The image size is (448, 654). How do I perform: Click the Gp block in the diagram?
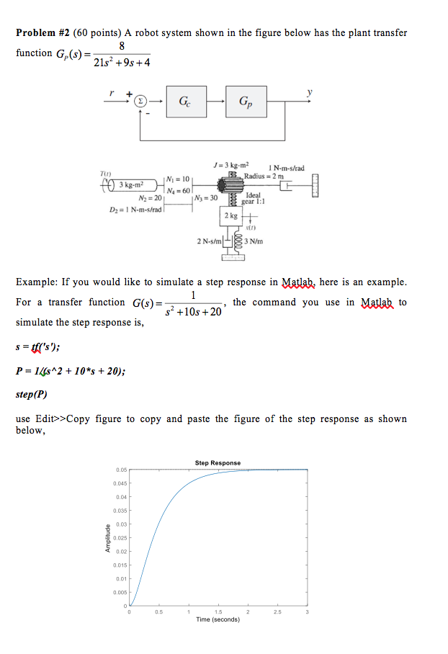point(246,103)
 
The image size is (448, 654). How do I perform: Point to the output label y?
point(310,91)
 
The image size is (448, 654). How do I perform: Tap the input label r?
point(111,93)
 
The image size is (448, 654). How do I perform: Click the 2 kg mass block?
point(230,215)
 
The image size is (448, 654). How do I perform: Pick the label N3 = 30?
point(206,197)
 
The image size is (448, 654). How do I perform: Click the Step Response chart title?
point(218,462)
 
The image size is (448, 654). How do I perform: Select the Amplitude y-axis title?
point(105,537)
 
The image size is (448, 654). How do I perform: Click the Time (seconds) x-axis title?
point(218,619)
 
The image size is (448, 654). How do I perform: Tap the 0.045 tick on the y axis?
point(120,483)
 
